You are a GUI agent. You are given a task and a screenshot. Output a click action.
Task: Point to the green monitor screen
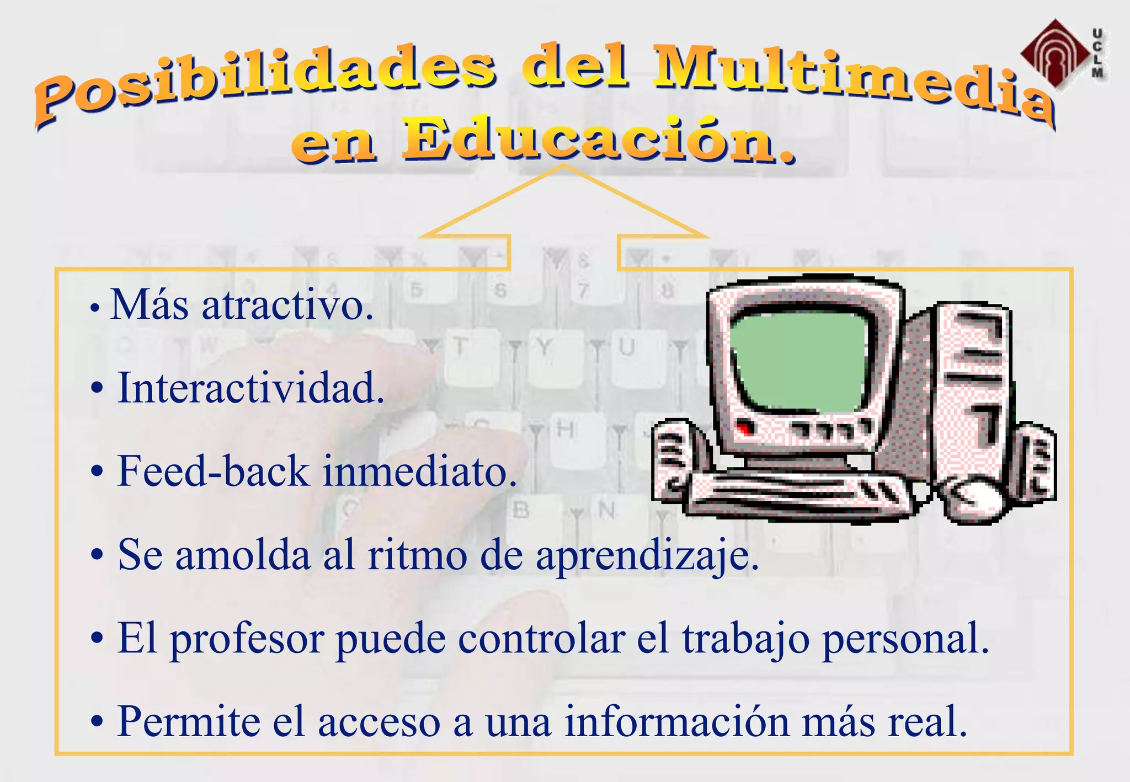pyautogui.click(x=800, y=361)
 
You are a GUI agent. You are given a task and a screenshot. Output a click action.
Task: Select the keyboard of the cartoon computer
pyautogui.click(x=800, y=494)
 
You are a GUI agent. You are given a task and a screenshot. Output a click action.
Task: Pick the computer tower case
pyautogui.click(x=971, y=386)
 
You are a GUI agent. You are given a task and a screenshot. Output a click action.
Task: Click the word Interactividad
pyautogui.click(x=251, y=388)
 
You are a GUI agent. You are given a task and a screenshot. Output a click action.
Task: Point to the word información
pyautogui.click(x=676, y=721)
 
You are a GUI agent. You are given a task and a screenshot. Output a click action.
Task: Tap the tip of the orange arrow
pyautogui.click(x=564, y=165)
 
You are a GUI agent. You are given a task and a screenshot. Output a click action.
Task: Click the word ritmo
pyautogui.click(x=417, y=555)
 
